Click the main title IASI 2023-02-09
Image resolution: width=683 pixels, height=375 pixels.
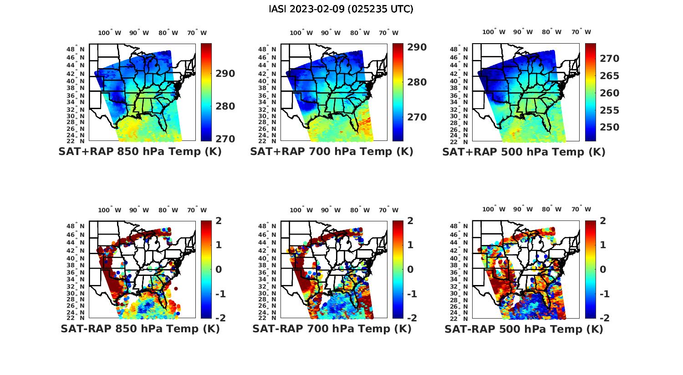point(341,9)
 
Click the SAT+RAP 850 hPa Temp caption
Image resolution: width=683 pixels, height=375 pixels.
point(140,152)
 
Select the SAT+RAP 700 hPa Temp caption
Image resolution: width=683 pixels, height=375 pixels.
point(331,152)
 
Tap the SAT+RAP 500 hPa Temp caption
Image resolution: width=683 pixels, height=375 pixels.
point(524,152)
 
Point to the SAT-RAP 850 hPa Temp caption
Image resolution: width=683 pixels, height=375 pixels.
point(140,329)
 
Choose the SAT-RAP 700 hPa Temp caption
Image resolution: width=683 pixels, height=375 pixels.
point(331,329)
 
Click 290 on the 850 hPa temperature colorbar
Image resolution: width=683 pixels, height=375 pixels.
point(225,74)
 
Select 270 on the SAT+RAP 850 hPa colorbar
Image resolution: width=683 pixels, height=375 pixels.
point(225,139)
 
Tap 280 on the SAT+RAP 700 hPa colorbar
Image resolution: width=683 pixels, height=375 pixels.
point(417,82)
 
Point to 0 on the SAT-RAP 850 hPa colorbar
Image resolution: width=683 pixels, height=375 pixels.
point(219,270)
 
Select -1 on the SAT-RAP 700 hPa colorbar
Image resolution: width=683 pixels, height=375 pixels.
point(408,294)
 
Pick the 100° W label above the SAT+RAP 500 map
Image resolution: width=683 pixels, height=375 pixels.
point(494,32)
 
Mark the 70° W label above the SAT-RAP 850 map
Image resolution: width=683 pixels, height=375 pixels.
point(197,210)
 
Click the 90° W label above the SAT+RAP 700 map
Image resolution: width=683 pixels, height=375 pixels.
point(331,33)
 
